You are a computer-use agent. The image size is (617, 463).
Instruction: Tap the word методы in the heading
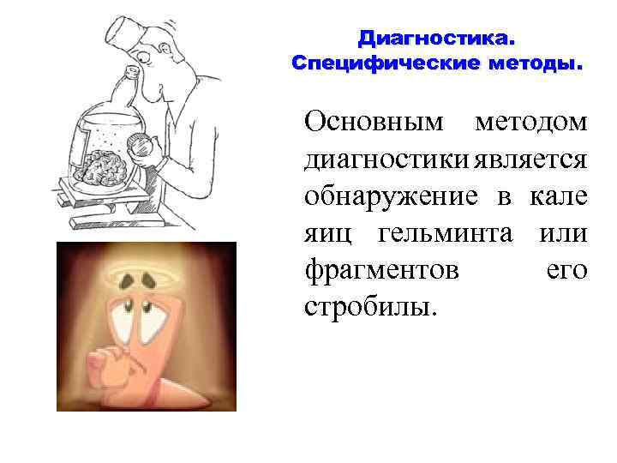pyautogui.click(x=531, y=63)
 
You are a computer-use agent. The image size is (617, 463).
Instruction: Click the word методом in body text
pyautogui.click(x=533, y=122)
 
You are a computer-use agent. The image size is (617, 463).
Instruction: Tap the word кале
pyautogui.click(x=560, y=196)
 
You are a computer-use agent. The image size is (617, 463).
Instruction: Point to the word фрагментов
pyautogui.click(x=381, y=270)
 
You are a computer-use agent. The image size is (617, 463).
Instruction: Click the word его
pyautogui.click(x=567, y=270)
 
